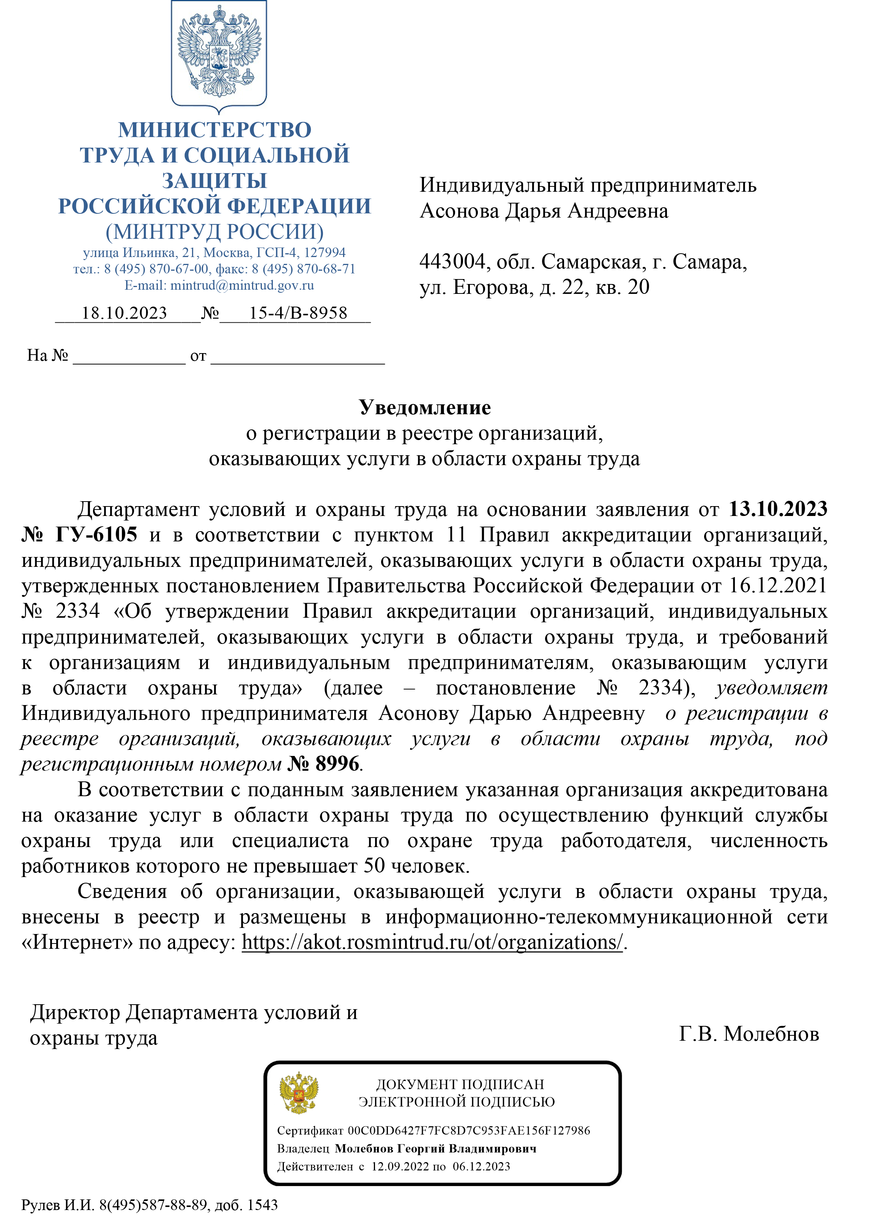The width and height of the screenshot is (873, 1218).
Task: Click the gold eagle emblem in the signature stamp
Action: click(x=298, y=1093)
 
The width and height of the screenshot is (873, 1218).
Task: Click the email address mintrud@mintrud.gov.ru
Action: click(x=242, y=285)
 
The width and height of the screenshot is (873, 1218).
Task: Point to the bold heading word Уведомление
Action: click(x=425, y=408)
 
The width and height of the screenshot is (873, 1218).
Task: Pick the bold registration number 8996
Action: click(x=337, y=763)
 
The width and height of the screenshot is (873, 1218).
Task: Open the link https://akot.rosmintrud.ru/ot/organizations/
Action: click(x=432, y=942)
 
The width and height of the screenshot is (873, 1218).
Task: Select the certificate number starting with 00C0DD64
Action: click(x=469, y=1130)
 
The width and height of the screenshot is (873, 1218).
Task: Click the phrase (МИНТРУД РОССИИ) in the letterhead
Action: click(x=215, y=232)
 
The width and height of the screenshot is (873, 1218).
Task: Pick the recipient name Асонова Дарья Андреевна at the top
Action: click(x=544, y=211)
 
